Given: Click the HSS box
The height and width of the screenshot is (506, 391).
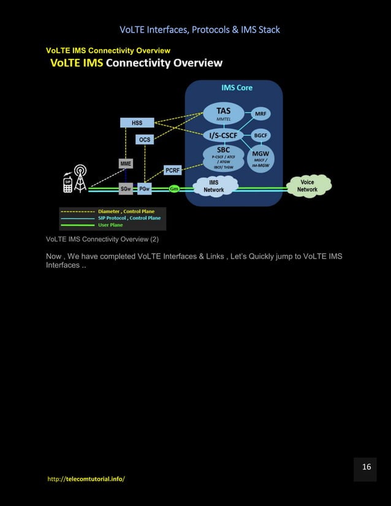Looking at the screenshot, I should click(x=137, y=123).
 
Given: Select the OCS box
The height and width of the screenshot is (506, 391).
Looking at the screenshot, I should click(x=144, y=140).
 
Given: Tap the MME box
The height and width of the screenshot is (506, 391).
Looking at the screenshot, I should click(x=126, y=164).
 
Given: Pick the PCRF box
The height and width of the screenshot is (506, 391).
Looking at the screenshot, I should click(x=172, y=170).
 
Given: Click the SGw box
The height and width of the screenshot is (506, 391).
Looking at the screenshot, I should click(x=126, y=189).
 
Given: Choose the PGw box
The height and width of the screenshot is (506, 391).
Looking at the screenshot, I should click(x=145, y=189).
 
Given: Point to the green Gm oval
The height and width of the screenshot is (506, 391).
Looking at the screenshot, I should click(x=174, y=189).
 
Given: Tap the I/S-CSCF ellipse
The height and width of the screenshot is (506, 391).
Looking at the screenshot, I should click(x=224, y=135).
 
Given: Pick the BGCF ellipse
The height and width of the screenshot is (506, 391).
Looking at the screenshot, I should click(x=262, y=135).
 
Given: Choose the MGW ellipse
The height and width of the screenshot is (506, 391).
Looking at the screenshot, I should click(x=262, y=158).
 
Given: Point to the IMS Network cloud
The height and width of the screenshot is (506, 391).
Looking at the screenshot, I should click(x=214, y=186).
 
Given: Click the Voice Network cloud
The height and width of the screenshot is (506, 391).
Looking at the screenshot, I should click(x=308, y=186).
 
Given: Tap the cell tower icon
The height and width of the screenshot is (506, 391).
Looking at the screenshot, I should click(x=79, y=178).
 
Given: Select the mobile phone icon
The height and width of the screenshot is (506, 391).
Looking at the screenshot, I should click(x=67, y=184).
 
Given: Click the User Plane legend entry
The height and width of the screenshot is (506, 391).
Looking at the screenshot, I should click(x=110, y=225).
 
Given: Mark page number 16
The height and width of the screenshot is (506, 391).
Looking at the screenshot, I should click(x=366, y=467).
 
